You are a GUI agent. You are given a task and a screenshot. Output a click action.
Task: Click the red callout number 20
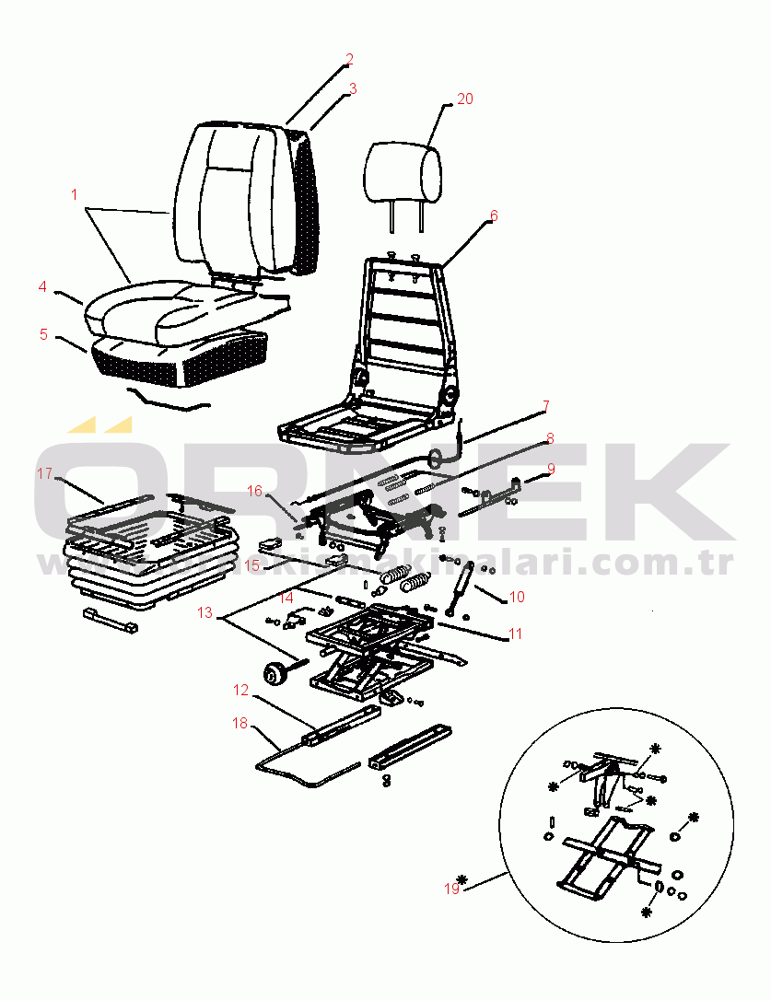coord(465,99)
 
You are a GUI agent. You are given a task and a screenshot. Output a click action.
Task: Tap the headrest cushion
coord(403,172)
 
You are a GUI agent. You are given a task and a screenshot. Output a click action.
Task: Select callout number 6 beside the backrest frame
coord(494,215)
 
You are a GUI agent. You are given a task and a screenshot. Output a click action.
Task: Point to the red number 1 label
coord(75,194)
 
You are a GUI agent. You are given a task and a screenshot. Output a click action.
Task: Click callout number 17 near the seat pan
coord(45,473)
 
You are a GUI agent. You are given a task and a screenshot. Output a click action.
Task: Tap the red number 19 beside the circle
coord(451,889)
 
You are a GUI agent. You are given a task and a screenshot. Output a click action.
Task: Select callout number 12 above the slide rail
coord(240,690)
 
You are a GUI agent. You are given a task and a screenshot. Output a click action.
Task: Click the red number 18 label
coord(240,724)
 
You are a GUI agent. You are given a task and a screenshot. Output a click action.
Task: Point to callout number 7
coord(545,406)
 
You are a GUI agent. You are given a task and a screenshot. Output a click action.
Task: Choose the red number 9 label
coord(551,468)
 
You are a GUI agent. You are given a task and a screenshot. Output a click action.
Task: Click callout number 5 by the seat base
coord(43,334)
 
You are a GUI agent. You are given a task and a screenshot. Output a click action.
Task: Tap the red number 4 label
coord(42,287)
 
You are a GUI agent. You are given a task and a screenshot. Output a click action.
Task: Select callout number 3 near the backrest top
coord(352,89)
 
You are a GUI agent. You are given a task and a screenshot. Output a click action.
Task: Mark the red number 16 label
coord(254,491)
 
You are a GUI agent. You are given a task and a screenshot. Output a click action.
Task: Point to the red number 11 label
coord(516,634)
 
